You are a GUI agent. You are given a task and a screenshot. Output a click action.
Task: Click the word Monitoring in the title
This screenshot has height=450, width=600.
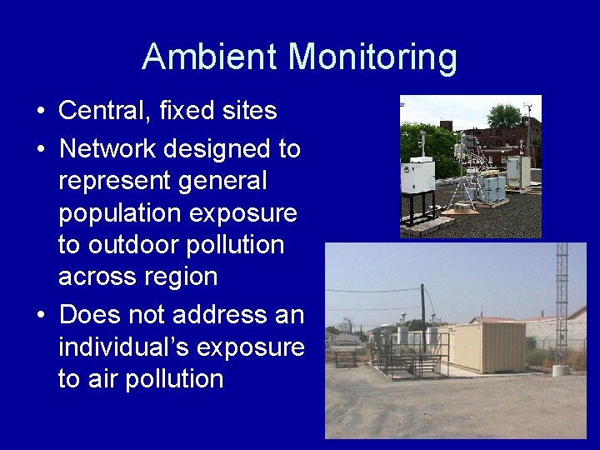click(x=373, y=57)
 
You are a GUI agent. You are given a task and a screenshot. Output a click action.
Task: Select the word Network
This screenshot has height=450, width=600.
click(x=107, y=149)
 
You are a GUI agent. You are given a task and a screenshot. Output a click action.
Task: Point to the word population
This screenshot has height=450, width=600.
click(x=119, y=213)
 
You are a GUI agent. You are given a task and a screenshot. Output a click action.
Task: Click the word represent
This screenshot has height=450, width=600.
click(x=112, y=181)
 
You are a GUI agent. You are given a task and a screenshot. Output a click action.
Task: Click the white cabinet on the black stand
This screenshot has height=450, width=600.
click(x=418, y=176)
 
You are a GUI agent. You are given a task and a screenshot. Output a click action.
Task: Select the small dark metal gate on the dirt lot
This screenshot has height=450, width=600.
click(x=345, y=358)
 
